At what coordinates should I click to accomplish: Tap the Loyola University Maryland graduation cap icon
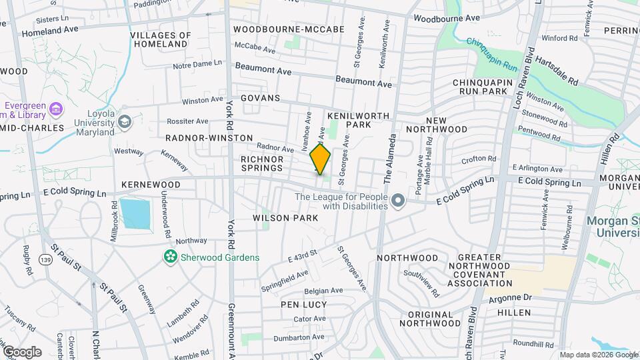pos(124,121)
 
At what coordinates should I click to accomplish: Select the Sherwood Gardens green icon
pos(170,256)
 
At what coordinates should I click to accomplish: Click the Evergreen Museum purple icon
pos(57,109)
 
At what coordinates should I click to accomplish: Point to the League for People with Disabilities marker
pos(398,200)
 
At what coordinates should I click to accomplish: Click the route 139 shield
pos(45,259)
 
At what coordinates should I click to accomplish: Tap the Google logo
pos(21,351)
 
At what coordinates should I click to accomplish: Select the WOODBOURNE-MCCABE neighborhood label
pos(289,29)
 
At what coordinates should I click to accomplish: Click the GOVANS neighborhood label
pos(261,97)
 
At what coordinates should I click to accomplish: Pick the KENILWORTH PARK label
pos(358,120)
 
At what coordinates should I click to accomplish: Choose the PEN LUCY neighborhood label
pos(301,304)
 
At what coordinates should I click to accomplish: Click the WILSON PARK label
pos(279,218)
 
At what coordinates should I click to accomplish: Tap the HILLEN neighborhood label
pos(513,312)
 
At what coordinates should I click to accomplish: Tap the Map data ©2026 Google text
pos(598,355)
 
